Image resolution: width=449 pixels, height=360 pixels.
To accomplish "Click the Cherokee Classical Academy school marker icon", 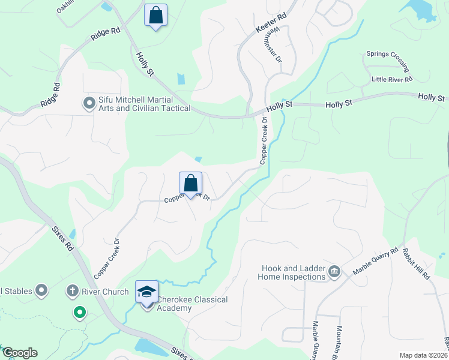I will (146, 292).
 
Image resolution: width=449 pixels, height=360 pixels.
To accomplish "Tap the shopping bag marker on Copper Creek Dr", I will (190, 183).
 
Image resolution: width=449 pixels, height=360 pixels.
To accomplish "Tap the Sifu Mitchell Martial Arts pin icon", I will (89, 104).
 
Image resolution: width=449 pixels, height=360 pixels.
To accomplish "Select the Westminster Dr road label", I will (273, 45).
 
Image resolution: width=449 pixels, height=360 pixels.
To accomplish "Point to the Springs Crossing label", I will (388, 61).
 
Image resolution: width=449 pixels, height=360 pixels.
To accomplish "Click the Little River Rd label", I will (392, 79).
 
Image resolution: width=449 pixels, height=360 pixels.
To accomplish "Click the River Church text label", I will (106, 292).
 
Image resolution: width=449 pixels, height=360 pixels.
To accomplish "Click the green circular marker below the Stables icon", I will (79, 312).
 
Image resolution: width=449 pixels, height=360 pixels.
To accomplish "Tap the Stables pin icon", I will (41, 292).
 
